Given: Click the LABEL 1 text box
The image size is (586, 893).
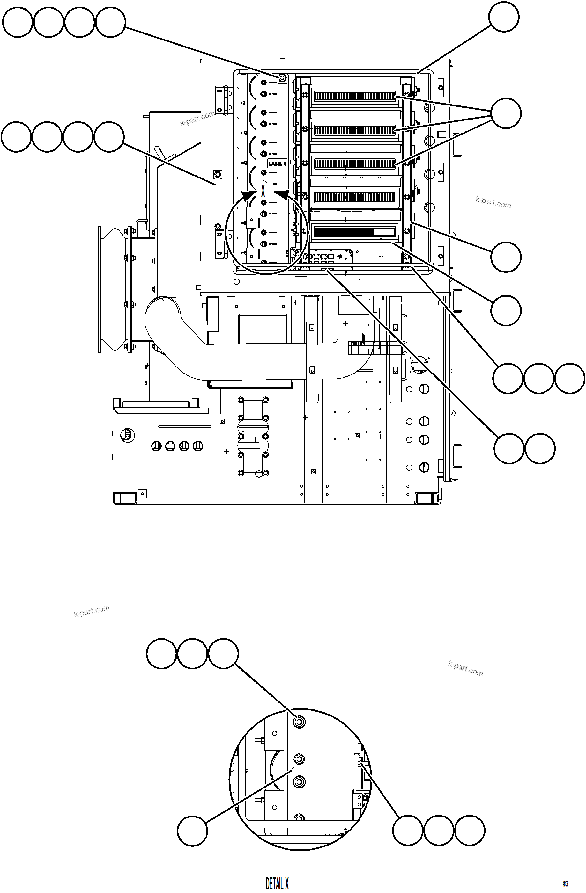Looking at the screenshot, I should [x=277, y=163].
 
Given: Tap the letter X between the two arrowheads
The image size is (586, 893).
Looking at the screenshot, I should [x=263, y=190].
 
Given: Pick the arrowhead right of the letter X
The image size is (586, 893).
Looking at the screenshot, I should [x=281, y=195].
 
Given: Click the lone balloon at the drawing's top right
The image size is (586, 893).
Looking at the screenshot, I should [x=504, y=17].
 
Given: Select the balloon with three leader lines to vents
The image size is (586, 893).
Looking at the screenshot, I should [x=506, y=113].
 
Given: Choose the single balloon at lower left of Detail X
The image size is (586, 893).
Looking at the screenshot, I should [x=192, y=831].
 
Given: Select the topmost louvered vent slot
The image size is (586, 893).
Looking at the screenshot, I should [x=354, y=97].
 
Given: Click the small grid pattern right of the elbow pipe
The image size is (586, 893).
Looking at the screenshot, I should [x=359, y=348].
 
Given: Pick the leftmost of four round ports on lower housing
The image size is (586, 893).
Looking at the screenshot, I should [x=156, y=446].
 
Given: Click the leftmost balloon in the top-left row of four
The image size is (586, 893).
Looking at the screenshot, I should [x=17, y=23].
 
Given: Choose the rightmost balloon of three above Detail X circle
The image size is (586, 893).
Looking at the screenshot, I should [x=223, y=654].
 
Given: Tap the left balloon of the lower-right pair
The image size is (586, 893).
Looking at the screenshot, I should [x=508, y=449].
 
